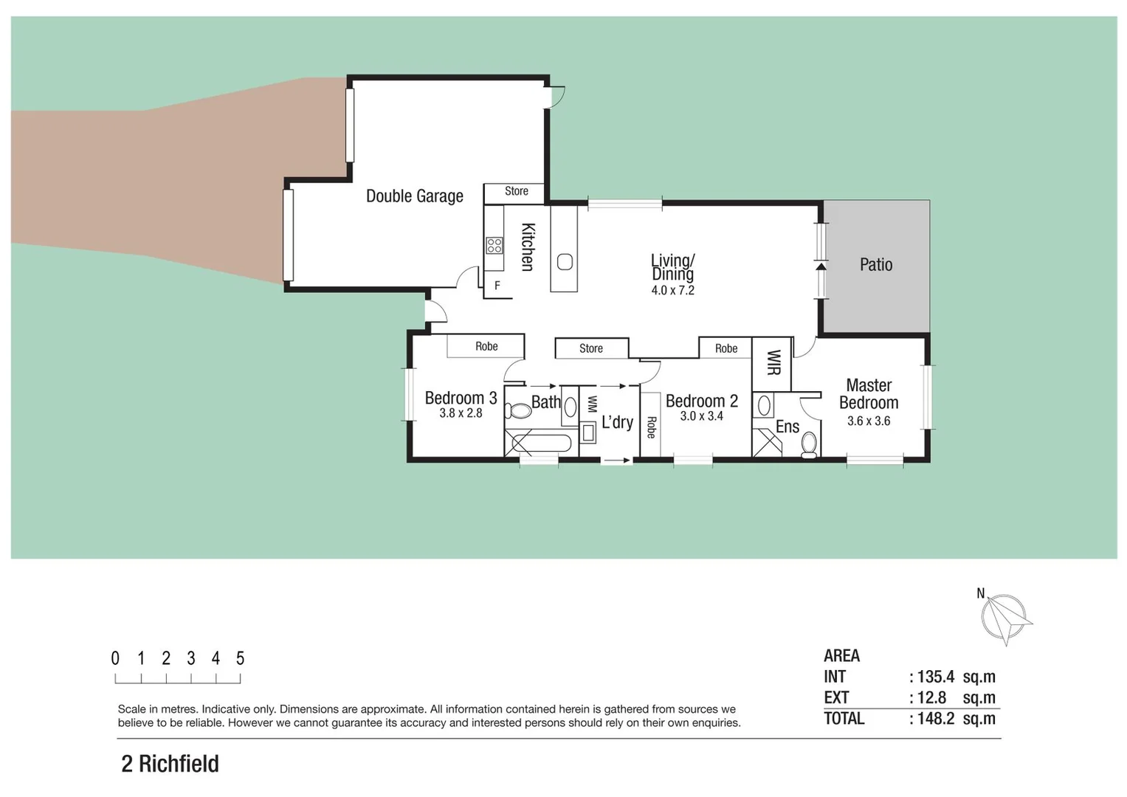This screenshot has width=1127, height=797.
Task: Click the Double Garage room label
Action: [x=414, y=196]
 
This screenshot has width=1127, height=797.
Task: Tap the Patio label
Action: [x=875, y=265]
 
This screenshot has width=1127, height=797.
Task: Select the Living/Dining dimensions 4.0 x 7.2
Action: [x=672, y=291]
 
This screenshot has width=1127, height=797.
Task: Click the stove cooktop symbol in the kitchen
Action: [x=494, y=246]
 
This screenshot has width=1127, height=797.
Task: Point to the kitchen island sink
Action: [x=565, y=262]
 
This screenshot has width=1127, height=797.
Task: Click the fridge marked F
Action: [x=497, y=286]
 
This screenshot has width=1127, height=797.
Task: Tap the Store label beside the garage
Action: [x=516, y=191]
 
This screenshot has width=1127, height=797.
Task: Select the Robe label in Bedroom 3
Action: [x=486, y=346]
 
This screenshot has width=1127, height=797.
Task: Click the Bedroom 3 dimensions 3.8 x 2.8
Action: [x=461, y=413]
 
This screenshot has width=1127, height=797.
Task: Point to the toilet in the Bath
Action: [x=518, y=411]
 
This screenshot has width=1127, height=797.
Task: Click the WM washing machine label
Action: [x=591, y=404]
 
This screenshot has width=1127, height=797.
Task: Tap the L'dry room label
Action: [x=617, y=422]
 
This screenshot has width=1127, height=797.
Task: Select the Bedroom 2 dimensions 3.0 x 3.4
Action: [x=701, y=416]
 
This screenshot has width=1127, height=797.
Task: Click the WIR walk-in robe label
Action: [x=773, y=362]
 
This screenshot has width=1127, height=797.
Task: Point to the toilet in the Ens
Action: [x=809, y=444]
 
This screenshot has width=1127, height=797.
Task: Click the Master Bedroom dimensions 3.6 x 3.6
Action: [x=868, y=421]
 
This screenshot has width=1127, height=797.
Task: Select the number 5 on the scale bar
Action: [x=240, y=658]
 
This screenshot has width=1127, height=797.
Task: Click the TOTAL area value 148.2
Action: [x=935, y=719]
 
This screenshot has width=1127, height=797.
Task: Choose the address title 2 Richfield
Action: [x=170, y=764]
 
